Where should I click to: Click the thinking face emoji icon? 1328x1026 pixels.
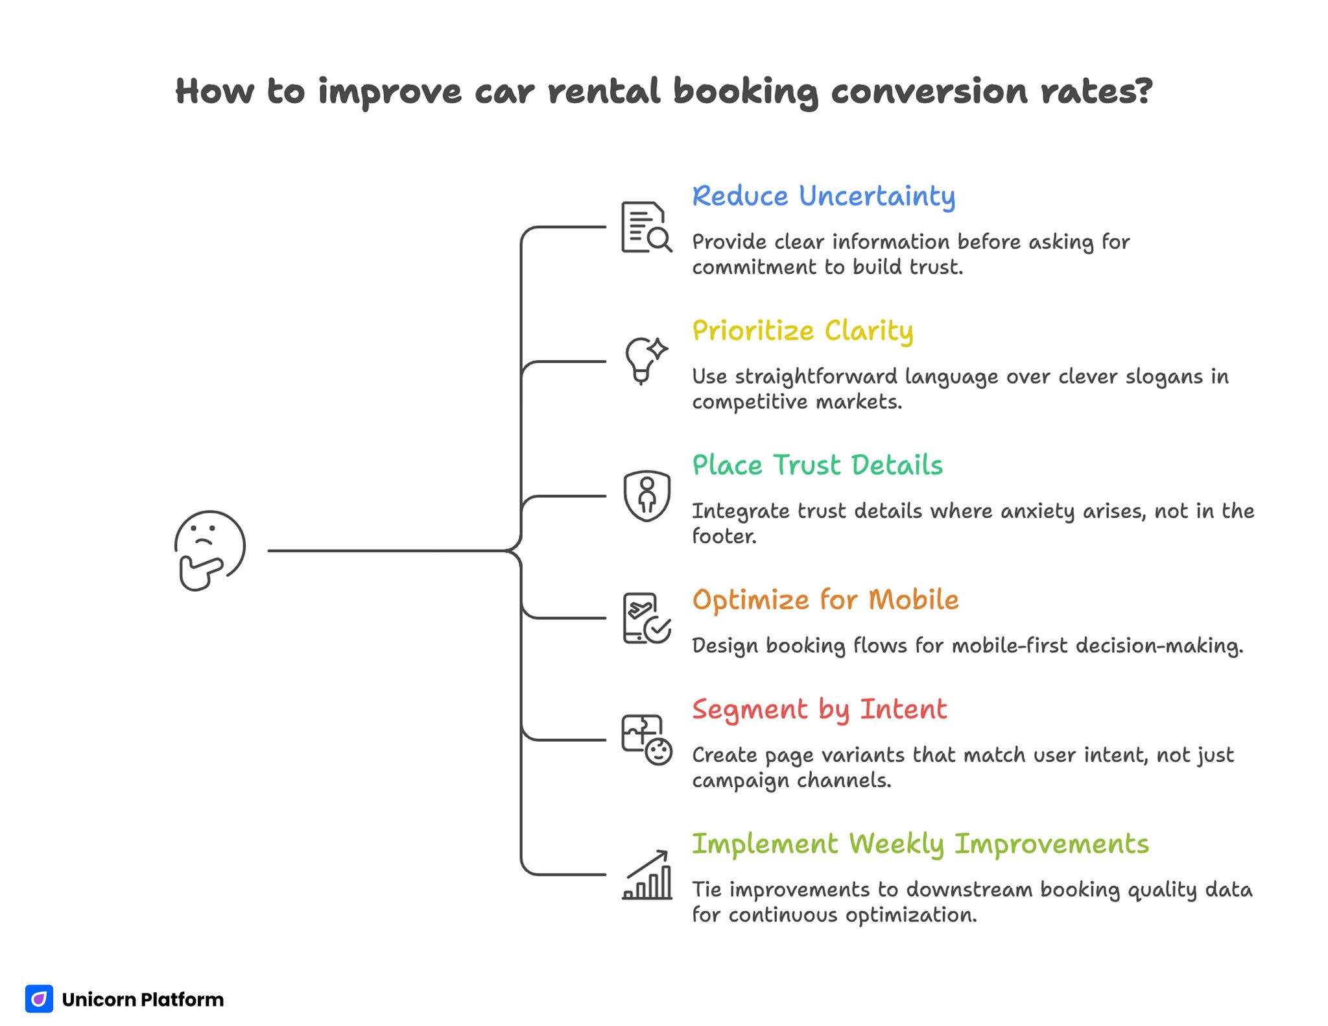[209, 550]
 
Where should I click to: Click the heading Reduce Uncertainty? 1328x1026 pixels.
[823, 196]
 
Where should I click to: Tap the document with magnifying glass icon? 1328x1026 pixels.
[646, 227]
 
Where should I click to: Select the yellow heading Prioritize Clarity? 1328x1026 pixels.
[802, 331]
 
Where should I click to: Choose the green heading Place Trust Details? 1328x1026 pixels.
[817, 465]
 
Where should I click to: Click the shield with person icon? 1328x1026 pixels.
[646, 496]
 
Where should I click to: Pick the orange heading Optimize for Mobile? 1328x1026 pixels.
[825, 600]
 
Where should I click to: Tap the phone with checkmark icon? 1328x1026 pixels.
[646, 618]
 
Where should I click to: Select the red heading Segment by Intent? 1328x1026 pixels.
[819, 709]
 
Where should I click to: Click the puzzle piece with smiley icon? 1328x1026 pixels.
[646, 740]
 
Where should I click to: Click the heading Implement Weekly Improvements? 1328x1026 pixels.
[919, 844]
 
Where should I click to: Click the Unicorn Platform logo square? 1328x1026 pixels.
[39, 999]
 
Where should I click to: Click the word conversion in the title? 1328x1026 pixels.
[929, 91]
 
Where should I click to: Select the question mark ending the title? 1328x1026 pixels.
[1143, 91]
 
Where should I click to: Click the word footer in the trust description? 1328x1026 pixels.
[723, 536]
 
